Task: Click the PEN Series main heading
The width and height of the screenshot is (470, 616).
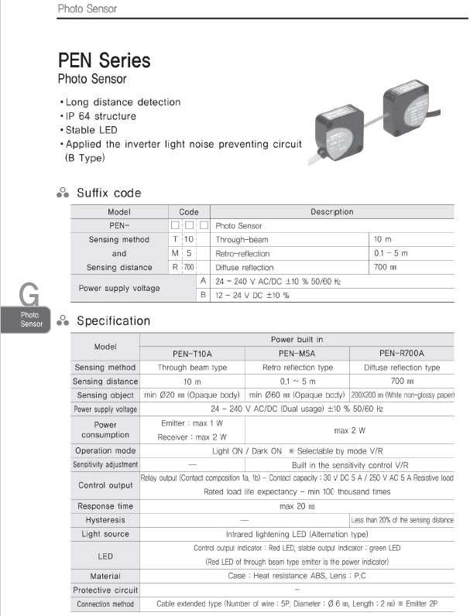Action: [x=105, y=60]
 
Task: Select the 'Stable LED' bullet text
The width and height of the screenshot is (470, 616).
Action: [x=91, y=130]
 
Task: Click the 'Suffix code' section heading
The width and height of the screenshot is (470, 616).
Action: [x=109, y=193]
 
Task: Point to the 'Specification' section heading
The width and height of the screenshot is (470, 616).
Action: [x=113, y=321]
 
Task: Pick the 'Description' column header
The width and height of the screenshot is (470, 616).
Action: [x=331, y=211]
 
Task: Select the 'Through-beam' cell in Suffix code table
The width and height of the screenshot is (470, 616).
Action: [x=242, y=240]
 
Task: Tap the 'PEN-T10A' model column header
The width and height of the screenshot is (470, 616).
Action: [x=192, y=354]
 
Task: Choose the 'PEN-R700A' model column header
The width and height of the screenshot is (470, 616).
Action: [x=402, y=354]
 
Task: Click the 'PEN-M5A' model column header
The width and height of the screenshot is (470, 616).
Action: [x=297, y=354]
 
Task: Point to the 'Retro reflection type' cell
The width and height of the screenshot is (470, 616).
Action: [x=297, y=368]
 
